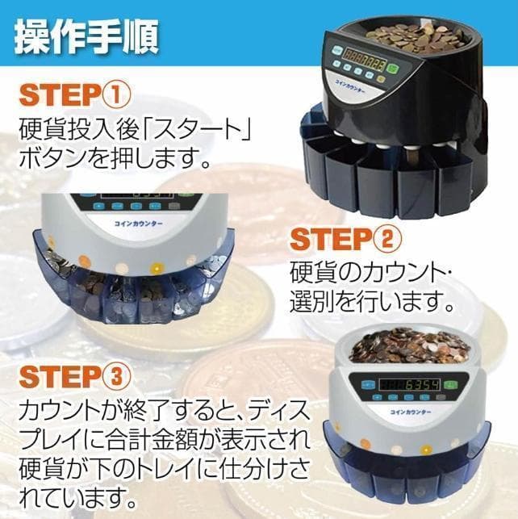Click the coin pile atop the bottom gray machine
(x=411, y=345)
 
